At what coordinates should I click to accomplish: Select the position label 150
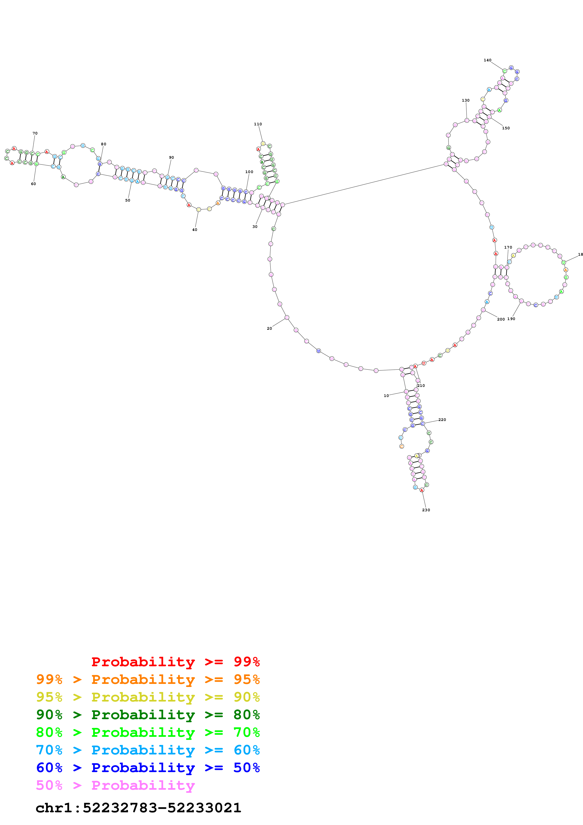506,128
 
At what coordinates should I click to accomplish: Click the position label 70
35,133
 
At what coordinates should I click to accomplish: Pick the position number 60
33,184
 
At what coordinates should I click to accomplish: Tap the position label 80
103,144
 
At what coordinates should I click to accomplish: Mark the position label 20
270,328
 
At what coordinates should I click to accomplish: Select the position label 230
426,510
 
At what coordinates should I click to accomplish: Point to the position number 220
442,420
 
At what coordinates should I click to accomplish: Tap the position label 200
501,319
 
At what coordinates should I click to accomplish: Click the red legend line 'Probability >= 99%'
175,662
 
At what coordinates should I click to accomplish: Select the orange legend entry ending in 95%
148,679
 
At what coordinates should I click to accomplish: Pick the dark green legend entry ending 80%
148,715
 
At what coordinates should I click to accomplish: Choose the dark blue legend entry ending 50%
148,768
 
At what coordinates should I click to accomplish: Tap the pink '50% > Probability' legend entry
115,785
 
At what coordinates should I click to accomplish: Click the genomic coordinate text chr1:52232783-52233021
138,808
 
